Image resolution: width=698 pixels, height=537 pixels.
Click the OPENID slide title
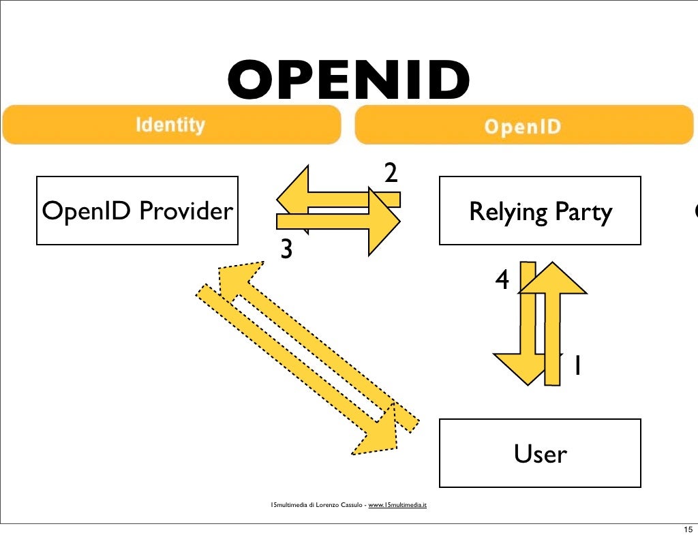[x=348, y=80]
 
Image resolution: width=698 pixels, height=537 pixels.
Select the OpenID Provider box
[x=137, y=211]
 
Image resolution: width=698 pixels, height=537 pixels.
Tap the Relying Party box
[x=540, y=211]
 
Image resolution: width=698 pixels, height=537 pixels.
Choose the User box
[x=540, y=453]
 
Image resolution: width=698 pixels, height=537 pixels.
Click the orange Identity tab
[x=170, y=125]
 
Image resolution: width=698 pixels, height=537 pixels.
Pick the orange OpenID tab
[x=523, y=126]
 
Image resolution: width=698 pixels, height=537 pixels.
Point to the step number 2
[x=391, y=174]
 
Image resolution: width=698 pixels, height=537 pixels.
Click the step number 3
[x=287, y=250]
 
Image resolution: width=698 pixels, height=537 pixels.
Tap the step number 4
[x=502, y=279]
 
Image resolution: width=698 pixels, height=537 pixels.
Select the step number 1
[x=577, y=367]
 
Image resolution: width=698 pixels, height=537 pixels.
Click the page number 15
[x=686, y=530]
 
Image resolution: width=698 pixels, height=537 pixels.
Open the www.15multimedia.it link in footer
[x=397, y=505]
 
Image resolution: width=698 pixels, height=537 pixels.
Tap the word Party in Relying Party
[x=583, y=212]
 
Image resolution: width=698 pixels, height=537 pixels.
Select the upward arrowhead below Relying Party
[x=552, y=278]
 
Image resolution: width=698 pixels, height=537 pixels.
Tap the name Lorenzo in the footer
[x=331, y=505]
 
